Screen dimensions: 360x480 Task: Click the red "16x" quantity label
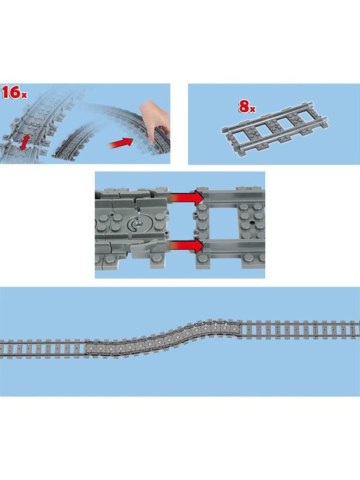(x=14, y=92)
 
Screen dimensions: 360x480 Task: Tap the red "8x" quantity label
(x=247, y=107)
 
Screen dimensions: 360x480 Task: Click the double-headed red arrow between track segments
(x=26, y=142)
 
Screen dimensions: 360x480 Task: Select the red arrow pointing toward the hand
(x=121, y=143)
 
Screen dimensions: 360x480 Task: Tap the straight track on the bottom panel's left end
(x=43, y=349)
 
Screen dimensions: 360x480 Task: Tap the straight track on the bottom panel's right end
(x=300, y=329)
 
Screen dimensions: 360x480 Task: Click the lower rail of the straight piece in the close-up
(x=234, y=245)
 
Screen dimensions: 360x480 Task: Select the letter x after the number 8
(x=253, y=109)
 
